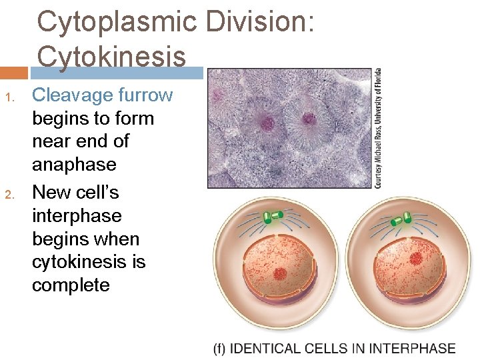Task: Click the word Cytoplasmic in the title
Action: click(x=117, y=22)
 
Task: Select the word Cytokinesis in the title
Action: click(x=111, y=56)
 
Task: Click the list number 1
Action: click(x=9, y=97)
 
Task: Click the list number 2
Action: click(x=9, y=195)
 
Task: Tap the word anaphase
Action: click(x=74, y=165)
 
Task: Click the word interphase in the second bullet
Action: click(x=77, y=216)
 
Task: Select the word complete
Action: click(x=71, y=285)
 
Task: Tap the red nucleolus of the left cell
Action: click(x=280, y=273)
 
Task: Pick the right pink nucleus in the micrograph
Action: click(x=309, y=120)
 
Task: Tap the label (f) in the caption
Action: click(x=220, y=349)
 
